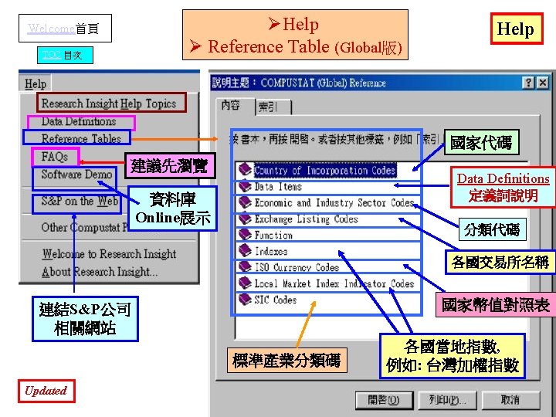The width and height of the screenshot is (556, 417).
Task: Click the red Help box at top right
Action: point(515,29)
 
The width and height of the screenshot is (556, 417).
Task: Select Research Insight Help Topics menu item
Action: point(108,103)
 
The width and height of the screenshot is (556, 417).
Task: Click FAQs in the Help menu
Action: point(55,157)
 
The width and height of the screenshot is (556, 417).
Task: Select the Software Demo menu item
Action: point(76,175)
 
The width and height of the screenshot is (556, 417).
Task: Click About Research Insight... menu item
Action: point(98,272)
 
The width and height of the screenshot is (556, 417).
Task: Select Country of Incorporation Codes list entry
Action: point(324,171)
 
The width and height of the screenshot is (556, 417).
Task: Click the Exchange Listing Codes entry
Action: point(306,219)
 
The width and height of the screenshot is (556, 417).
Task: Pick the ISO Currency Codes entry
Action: point(297,267)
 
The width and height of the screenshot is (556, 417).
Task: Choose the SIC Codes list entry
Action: point(275,300)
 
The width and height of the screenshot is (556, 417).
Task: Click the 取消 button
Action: point(510,400)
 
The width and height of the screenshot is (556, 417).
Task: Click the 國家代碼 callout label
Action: point(480,142)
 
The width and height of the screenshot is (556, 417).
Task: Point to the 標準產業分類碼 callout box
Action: point(286,359)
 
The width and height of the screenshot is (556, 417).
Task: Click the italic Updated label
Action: point(46,391)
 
